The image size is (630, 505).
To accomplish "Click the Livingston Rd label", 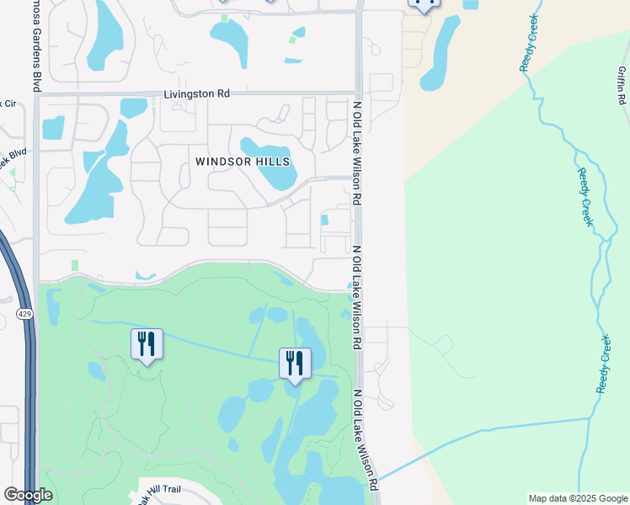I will tap(197, 94).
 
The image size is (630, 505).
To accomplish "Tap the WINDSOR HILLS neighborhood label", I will tap(243, 161).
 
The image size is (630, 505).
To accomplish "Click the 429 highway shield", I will tap(24, 313).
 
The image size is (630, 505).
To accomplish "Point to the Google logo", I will tap(28, 495).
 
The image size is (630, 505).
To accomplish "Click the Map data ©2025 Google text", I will tap(578, 498).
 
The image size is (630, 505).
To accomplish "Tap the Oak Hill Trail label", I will tap(167, 496).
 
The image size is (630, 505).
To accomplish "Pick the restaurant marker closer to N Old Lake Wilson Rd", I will tap(295, 364).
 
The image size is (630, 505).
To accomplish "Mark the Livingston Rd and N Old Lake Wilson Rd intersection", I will tap(359, 93).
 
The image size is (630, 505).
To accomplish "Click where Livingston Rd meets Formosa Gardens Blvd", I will tap(37, 94).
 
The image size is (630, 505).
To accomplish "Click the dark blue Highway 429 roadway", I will tap(28, 379).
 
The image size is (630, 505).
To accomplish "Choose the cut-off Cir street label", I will tap(8, 104).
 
